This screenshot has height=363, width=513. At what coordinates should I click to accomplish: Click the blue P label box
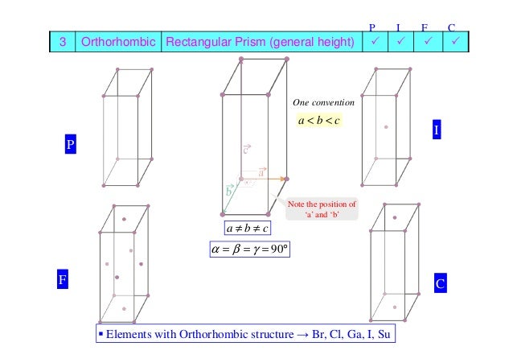coord(70,145)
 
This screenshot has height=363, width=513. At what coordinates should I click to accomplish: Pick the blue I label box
coord(437,130)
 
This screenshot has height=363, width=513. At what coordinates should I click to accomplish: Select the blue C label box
coord(440,284)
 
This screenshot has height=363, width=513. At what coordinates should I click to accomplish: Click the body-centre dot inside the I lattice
coord(387,126)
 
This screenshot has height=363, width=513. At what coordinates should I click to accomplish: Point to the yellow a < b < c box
coord(318,122)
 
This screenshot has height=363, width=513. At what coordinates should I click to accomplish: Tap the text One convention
coord(322,103)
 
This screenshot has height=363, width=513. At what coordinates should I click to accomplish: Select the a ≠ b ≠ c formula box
coord(248,228)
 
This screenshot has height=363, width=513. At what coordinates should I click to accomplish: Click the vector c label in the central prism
coord(247,150)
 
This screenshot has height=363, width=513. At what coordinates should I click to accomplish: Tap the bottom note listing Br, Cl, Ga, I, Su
coord(245,333)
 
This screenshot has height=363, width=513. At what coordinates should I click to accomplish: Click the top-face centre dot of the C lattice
coord(394,218)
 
